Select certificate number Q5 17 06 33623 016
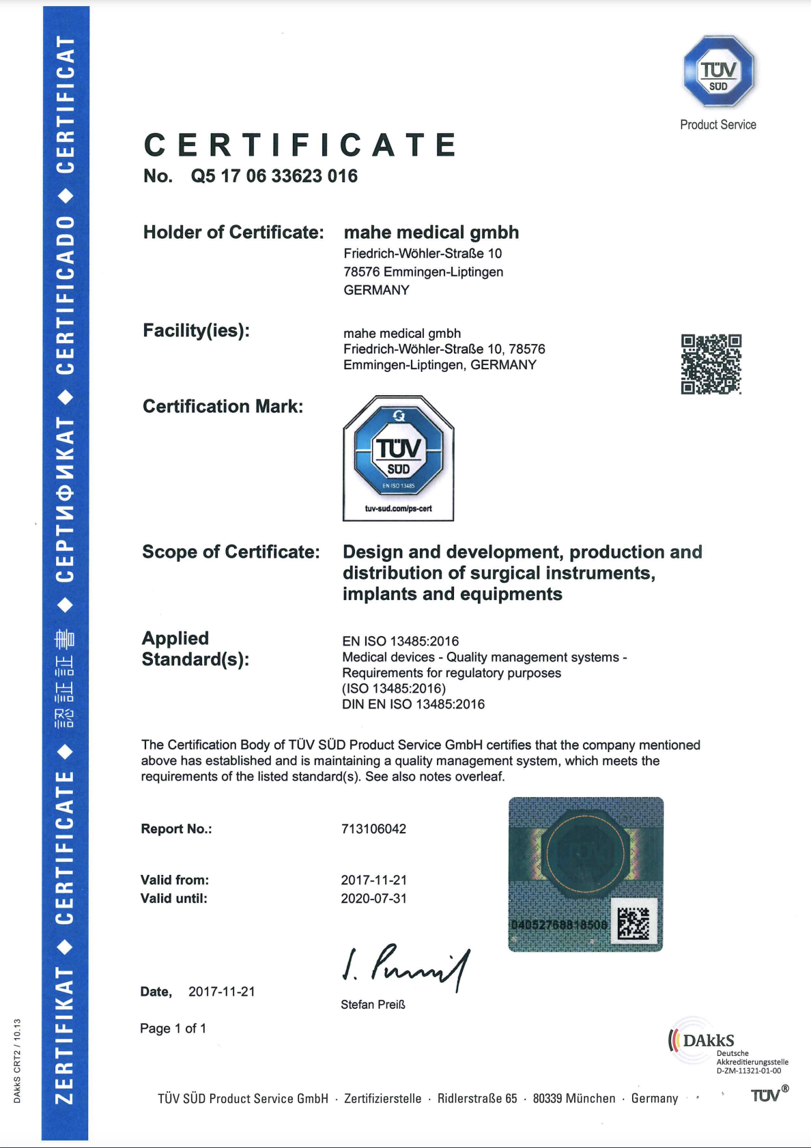pyautogui.click(x=274, y=176)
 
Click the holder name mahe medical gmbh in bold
pyautogui.click(x=431, y=233)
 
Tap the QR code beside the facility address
pyautogui.click(x=711, y=364)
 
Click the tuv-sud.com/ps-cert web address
pyautogui.click(x=399, y=508)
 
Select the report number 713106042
pyautogui.click(x=373, y=829)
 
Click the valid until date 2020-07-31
pyautogui.click(x=373, y=898)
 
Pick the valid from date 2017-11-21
pyautogui.click(x=373, y=880)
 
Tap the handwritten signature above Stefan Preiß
pyautogui.click(x=405, y=965)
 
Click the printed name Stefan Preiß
pyautogui.click(x=373, y=1005)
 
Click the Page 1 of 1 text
pyautogui.click(x=173, y=1029)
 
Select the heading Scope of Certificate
pyautogui.click(x=231, y=551)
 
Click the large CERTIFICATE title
pyautogui.click(x=300, y=145)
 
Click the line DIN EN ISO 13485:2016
pyautogui.click(x=413, y=704)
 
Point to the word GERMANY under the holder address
pyautogui.click(x=376, y=290)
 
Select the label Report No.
pyautogui.click(x=176, y=829)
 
